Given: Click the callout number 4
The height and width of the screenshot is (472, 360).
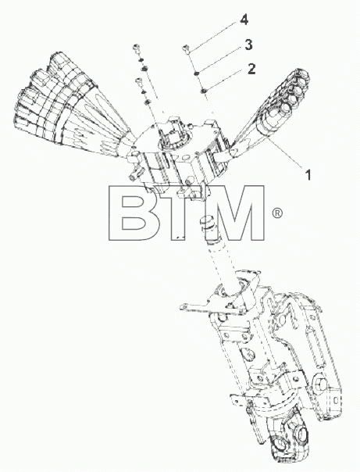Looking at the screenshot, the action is [244, 20].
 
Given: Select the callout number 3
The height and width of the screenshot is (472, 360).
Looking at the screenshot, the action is [248, 45].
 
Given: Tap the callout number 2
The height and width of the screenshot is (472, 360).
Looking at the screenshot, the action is [251, 69].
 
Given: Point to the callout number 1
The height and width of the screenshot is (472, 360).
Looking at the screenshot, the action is [308, 175].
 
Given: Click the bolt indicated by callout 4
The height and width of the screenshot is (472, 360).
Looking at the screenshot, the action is [187, 49].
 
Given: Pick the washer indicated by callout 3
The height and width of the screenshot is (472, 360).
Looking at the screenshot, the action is [196, 73].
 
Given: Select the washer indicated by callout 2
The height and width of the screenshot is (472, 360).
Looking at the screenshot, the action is [203, 91].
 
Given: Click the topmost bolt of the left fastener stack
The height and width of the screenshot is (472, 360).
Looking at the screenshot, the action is [136, 48].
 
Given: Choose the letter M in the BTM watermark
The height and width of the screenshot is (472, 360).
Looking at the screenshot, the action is [234, 213].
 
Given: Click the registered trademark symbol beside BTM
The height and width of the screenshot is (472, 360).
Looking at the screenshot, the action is [277, 213].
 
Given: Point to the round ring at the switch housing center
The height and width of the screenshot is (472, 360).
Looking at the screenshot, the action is [174, 139].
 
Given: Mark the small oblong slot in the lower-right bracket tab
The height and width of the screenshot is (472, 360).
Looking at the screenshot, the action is [336, 399].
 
